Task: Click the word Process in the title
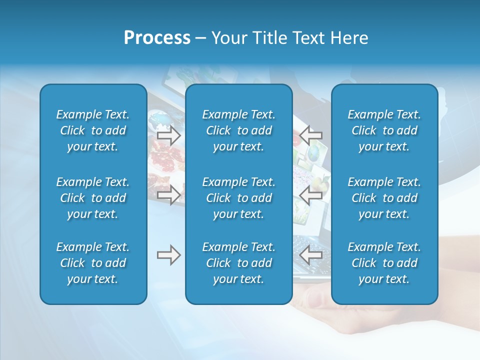[x=157, y=38]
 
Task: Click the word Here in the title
[x=350, y=38]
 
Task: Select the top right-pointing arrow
[x=168, y=135]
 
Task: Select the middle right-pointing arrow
[x=168, y=195]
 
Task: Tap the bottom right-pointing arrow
[x=168, y=255]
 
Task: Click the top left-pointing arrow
[x=311, y=134]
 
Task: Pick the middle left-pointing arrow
[x=311, y=195]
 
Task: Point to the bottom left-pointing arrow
[x=311, y=255]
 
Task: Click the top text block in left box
[x=92, y=130]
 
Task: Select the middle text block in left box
[x=92, y=198]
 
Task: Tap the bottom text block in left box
[x=92, y=263]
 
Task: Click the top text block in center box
[x=238, y=130]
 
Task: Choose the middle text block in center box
[x=238, y=198]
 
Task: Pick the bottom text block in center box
[x=238, y=263]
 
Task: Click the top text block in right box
[x=384, y=130]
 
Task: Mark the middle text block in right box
[x=384, y=198]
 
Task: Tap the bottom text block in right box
[x=384, y=263]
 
